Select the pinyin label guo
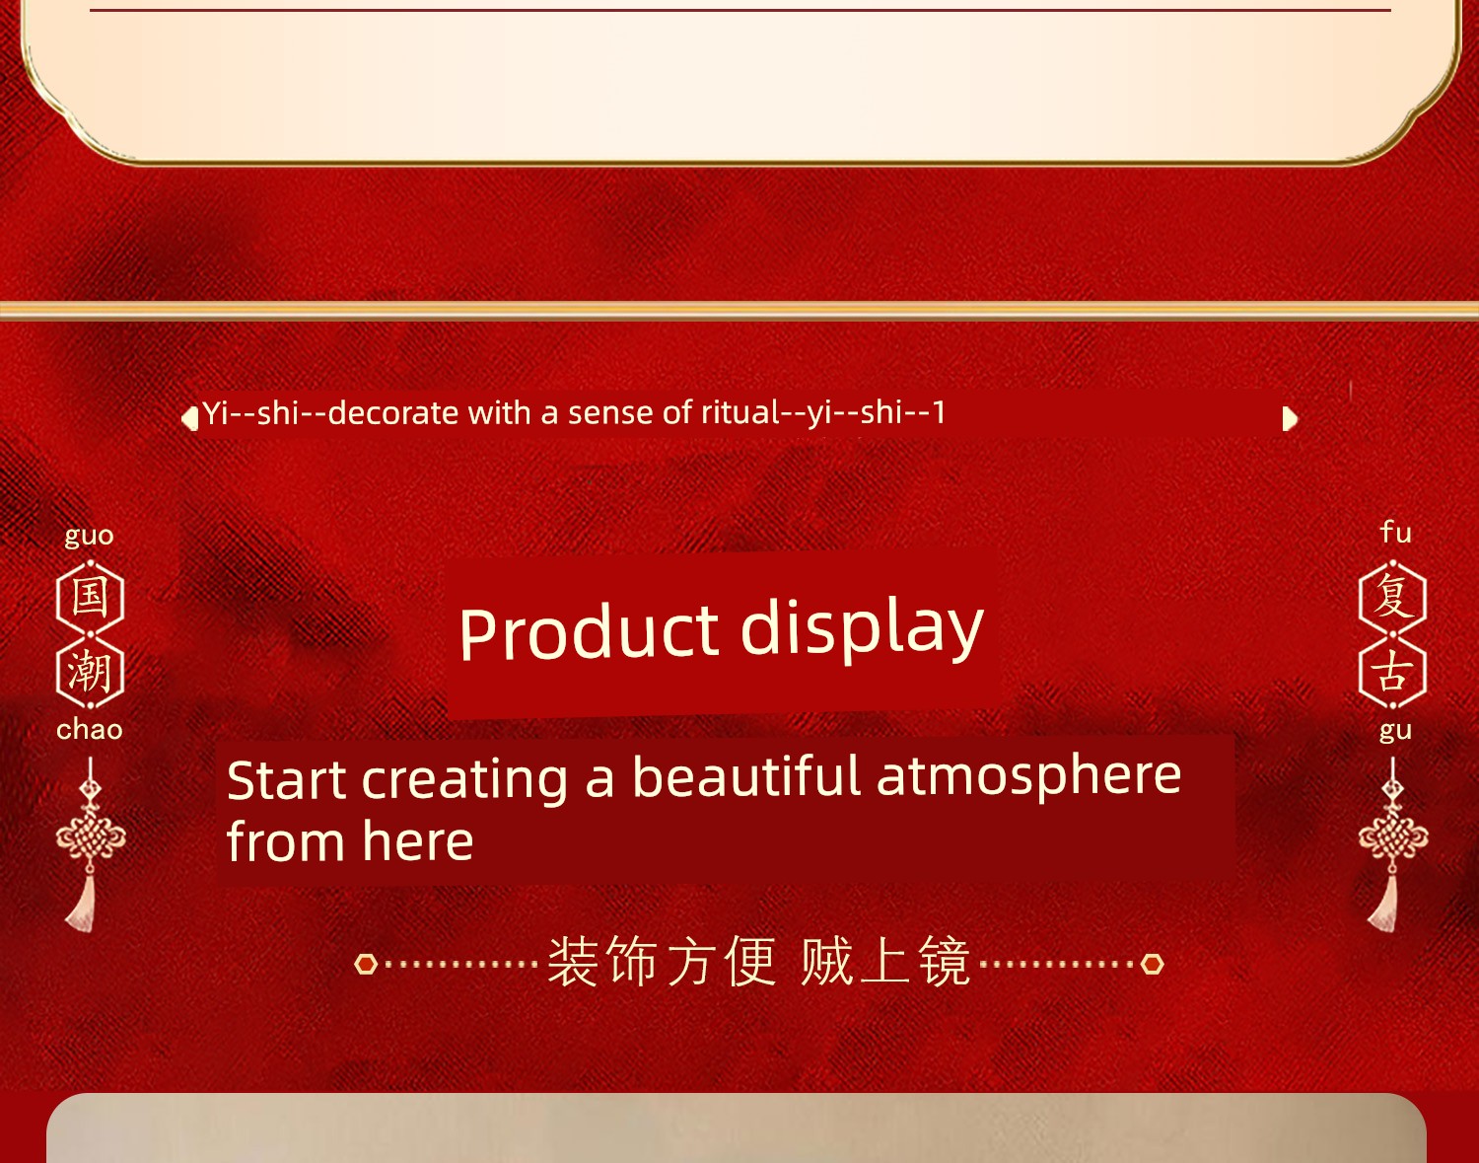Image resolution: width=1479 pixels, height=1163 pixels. (89, 536)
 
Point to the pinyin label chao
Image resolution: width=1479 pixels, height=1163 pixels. (89, 730)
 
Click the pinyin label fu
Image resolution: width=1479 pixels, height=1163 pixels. (1396, 533)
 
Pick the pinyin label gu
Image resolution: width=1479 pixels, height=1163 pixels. (1395, 732)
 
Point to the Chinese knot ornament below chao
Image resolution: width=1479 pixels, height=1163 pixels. (90, 844)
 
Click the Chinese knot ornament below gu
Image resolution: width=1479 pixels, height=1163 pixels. (1393, 844)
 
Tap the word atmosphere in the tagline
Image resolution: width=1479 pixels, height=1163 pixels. (1028, 777)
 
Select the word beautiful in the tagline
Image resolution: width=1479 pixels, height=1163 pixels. (746, 776)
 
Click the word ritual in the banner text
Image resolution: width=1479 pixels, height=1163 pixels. (740, 412)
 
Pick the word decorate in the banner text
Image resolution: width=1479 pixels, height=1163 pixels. (393, 413)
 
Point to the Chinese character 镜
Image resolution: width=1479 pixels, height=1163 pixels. (945, 962)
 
